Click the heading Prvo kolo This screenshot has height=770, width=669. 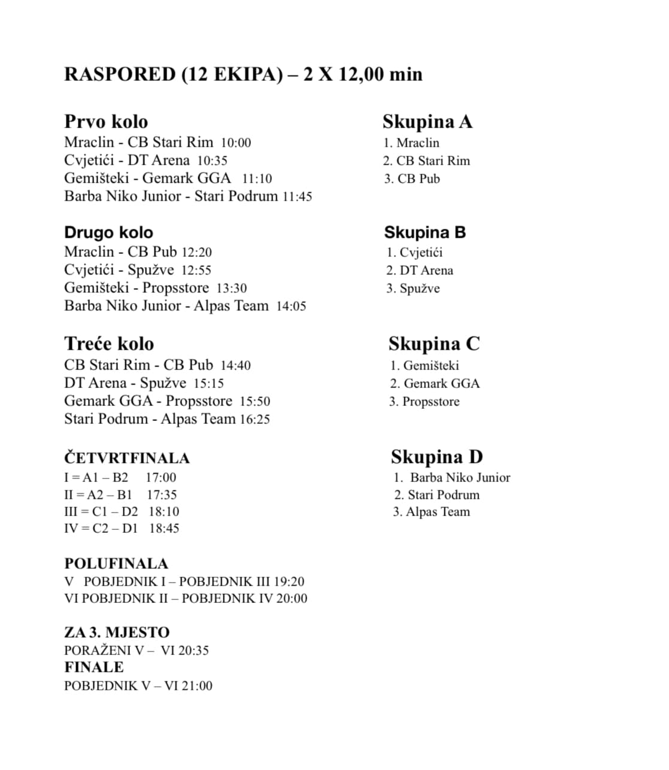[x=106, y=122]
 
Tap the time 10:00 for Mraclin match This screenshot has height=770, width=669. [x=235, y=143]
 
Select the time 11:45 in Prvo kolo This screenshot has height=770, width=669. [x=297, y=196]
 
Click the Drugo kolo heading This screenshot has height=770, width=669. [x=108, y=232]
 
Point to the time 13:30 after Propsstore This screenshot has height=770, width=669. [x=231, y=289]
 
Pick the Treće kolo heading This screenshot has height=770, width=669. [x=109, y=344]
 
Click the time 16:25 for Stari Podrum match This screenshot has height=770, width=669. [x=255, y=420]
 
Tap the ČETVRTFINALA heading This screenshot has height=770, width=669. [x=127, y=458]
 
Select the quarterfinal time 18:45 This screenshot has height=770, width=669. [x=164, y=529]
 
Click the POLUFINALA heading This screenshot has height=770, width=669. [x=116, y=563]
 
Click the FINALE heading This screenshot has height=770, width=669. [x=94, y=667]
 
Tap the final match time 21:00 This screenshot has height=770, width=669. [x=196, y=686]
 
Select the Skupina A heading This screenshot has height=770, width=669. [x=428, y=122]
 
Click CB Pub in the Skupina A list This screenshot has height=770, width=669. [x=419, y=179]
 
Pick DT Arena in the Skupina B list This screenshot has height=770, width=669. [x=426, y=271]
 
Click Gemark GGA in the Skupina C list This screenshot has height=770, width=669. [x=441, y=384]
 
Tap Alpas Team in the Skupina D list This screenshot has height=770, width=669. [x=438, y=512]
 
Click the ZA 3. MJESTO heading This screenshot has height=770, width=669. [x=117, y=632]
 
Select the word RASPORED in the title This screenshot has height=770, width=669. [x=120, y=74]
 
